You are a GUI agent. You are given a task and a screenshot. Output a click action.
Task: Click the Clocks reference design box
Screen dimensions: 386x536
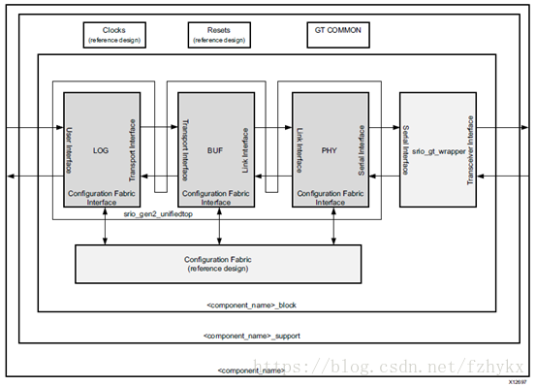113,35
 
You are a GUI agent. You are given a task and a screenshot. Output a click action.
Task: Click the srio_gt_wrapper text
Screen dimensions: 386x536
433,152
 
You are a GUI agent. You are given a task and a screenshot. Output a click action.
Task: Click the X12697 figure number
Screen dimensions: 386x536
517,380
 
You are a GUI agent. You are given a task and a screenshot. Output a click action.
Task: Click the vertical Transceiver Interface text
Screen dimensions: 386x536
468,149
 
